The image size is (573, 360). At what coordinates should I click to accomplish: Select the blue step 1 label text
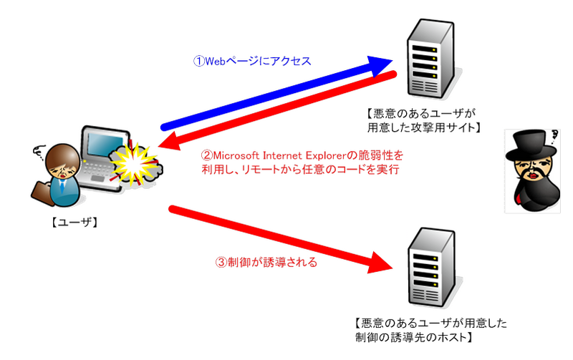coord(252,62)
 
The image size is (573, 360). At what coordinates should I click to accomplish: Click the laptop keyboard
coord(100,176)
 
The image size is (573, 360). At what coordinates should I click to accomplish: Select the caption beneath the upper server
coord(423,120)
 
